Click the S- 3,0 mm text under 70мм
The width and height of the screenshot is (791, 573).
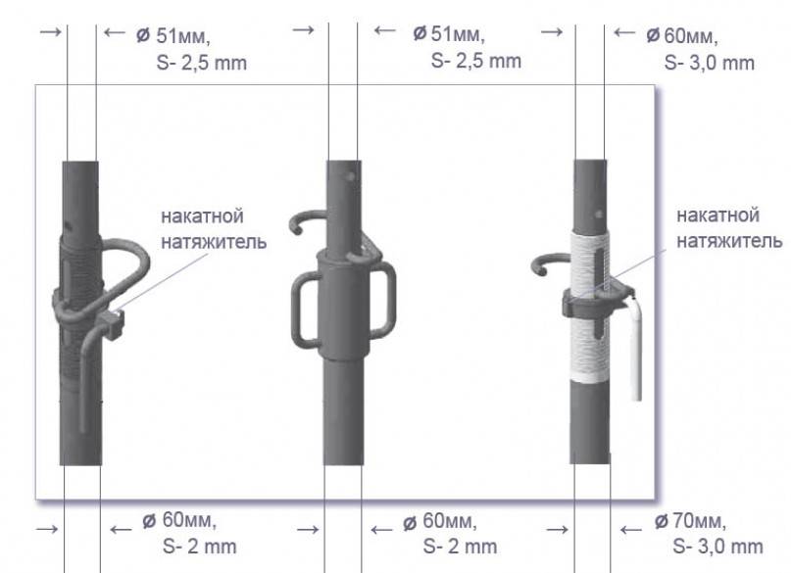pyautogui.click(x=717, y=547)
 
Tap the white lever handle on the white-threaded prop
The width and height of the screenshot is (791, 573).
pyautogui.click(x=635, y=348)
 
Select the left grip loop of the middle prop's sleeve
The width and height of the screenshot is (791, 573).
pyautogui.click(x=303, y=310)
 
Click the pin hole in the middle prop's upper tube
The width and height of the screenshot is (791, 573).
pyautogui.click(x=351, y=176)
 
